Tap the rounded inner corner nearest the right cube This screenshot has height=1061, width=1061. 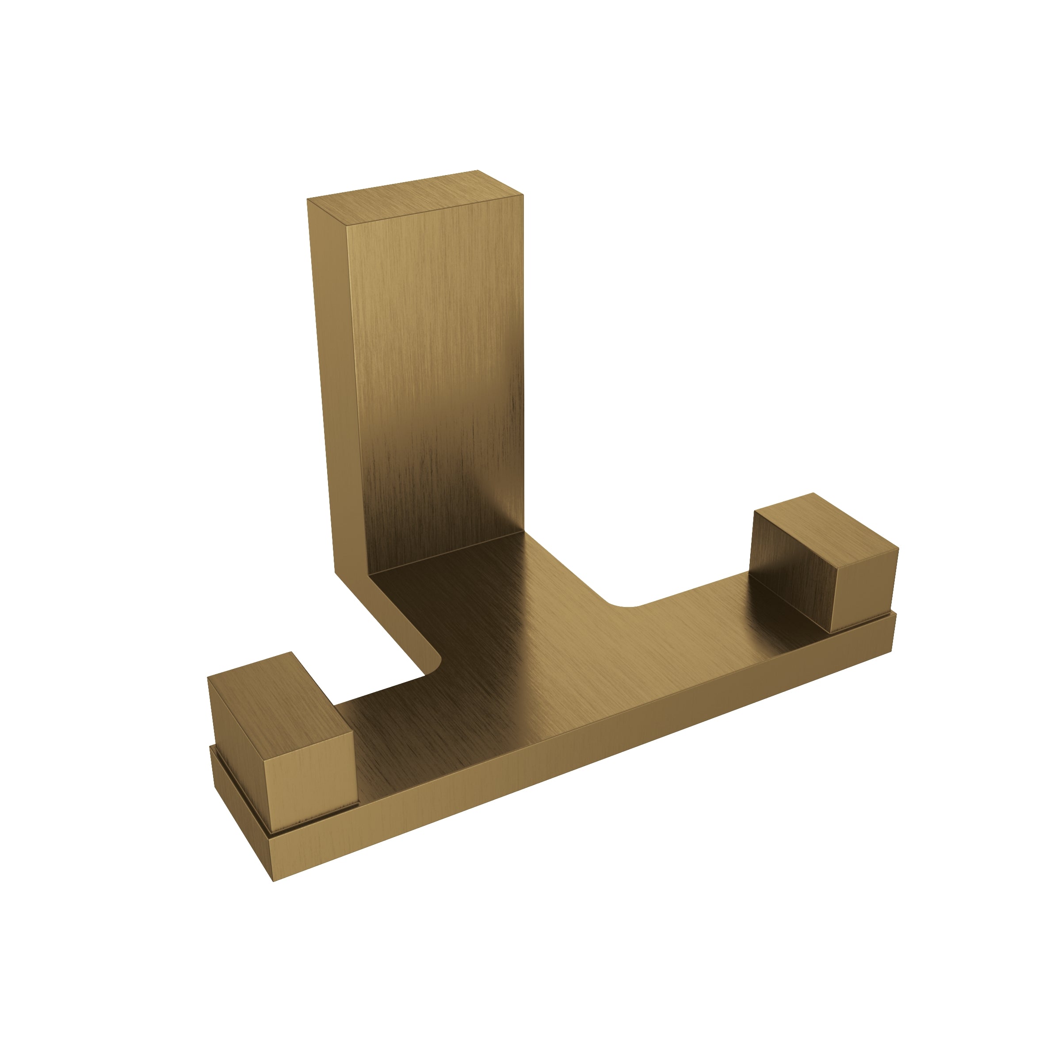pos(626,604)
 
